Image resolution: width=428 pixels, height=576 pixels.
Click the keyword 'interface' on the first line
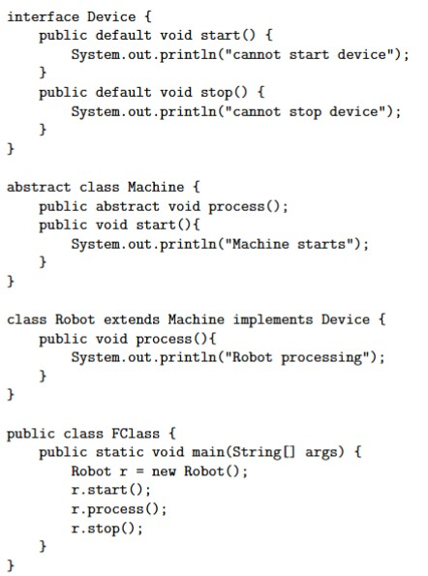click(x=43, y=16)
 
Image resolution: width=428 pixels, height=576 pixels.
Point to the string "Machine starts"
click(x=289, y=244)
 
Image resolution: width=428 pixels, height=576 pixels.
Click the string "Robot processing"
click(x=297, y=357)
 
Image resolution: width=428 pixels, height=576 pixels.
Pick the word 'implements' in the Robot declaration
click(x=273, y=319)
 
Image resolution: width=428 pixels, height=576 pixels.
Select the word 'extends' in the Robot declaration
click(x=132, y=319)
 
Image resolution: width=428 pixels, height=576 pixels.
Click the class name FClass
click(x=136, y=433)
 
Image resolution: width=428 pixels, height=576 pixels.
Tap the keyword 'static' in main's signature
click(x=119, y=452)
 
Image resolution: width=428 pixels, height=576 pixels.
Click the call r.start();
click(x=111, y=490)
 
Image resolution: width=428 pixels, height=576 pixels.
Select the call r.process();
click(x=119, y=509)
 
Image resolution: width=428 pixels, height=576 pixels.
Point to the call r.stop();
click(x=107, y=529)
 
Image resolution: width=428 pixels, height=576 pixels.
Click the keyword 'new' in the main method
click(x=164, y=470)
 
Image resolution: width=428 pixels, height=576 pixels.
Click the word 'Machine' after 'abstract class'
click(x=156, y=187)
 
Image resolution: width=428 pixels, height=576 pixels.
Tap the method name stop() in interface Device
click(x=224, y=92)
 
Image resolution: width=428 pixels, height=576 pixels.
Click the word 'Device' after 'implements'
click(x=346, y=319)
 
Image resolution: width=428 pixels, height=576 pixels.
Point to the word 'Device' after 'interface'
click(x=111, y=16)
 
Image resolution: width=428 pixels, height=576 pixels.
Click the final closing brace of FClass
click(x=11, y=565)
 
